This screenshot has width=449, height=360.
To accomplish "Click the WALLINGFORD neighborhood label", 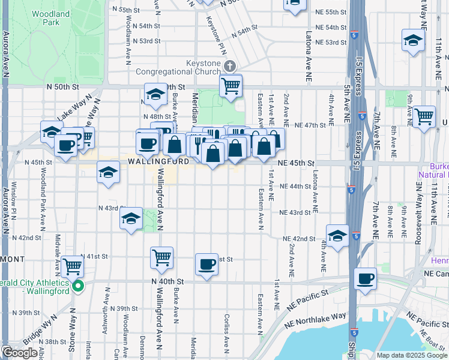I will click(x=158, y=161).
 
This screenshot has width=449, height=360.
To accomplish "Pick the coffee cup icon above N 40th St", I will click(x=206, y=264).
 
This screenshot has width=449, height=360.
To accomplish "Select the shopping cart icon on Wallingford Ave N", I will click(x=161, y=258).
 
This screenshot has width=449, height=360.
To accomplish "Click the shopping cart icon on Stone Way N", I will click(x=72, y=265).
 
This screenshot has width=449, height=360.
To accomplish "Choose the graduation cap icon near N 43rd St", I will click(x=130, y=220).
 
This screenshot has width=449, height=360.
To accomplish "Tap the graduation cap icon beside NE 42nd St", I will click(x=337, y=235).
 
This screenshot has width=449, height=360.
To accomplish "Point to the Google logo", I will click(x=20, y=353).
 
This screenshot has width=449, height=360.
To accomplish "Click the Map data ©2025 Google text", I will click(x=411, y=355).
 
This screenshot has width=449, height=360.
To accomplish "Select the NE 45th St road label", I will click(x=296, y=163).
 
